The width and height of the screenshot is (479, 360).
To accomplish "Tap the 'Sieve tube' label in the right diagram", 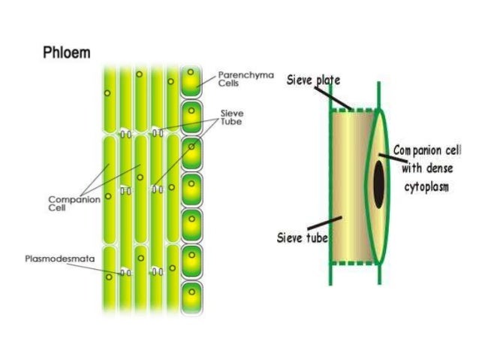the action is click(x=300, y=238).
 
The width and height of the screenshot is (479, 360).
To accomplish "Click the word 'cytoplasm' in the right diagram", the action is click(x=427, y=187).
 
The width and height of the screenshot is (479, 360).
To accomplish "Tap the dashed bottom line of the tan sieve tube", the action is click(x=353, y=264).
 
